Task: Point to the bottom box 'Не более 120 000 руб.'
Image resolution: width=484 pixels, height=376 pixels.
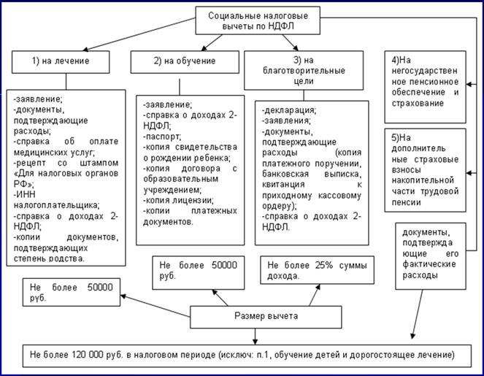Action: coord(242,356)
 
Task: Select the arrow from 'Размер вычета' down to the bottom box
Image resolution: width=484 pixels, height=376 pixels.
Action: coord(253,335)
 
